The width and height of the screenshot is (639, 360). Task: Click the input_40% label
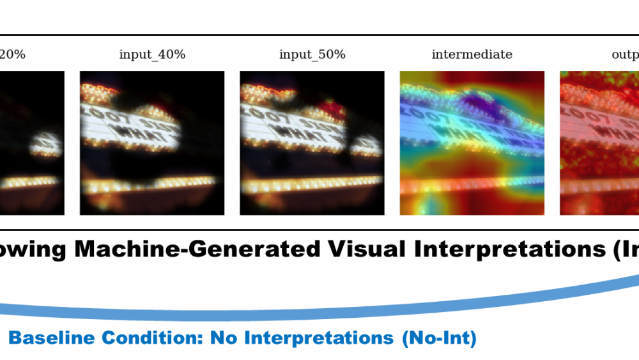tap(152, 54)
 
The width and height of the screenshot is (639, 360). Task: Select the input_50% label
tap(312, 54)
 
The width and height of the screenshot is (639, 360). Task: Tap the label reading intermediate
tap(472, 54)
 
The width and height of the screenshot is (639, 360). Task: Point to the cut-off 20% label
tap(13, 54)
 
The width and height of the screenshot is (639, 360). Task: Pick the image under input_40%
tap(152, 143)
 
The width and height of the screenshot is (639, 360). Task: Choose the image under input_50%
tap(312, 143)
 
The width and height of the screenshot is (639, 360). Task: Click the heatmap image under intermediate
tap(472, 143)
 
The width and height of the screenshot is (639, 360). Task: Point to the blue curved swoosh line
tap(319, 314)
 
